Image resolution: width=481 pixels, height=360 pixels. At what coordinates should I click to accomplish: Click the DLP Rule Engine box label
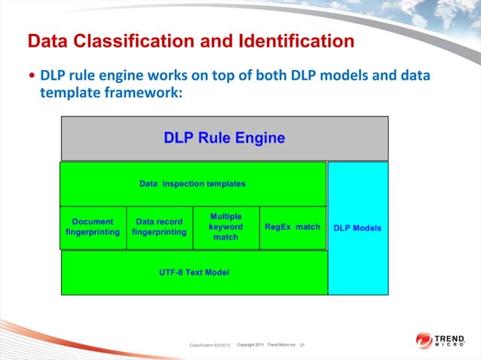coord(224,138)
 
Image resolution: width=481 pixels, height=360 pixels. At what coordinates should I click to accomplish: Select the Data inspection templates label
coord(192,183)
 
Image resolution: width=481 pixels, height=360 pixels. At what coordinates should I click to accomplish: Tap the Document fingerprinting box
coord(93,227)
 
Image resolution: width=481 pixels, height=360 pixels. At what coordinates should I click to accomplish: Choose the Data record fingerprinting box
coord(159,227)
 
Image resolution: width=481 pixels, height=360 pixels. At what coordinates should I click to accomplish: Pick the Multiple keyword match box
coord(225,227)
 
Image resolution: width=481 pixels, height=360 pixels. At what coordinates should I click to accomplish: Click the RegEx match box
coord(293,227)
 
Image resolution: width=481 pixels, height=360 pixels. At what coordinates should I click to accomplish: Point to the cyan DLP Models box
coord(357,227)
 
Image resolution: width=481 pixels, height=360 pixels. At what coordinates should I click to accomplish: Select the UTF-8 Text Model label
coord(194,272)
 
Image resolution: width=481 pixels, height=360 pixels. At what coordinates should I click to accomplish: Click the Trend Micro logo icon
coord(424,341)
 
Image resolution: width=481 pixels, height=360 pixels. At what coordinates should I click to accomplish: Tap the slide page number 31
coord(302,344)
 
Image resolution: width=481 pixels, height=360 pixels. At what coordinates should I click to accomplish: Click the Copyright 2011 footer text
coord(250,344)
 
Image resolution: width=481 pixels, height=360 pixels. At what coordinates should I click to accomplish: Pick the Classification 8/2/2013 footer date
coord(211,345)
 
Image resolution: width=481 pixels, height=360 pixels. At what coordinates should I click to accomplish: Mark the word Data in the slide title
coord(46,41)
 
